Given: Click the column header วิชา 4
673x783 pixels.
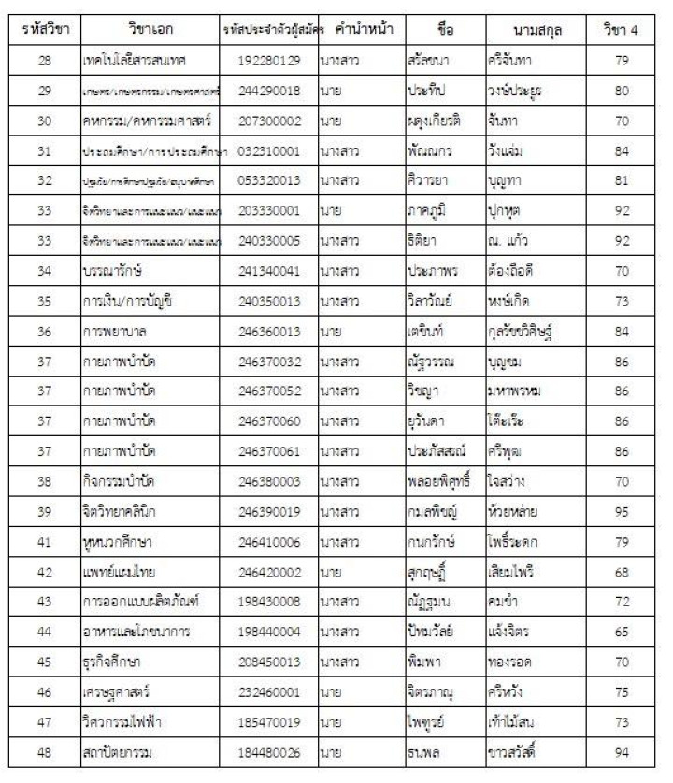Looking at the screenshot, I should (622, 30).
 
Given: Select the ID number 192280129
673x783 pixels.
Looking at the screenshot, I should (269, 61).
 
